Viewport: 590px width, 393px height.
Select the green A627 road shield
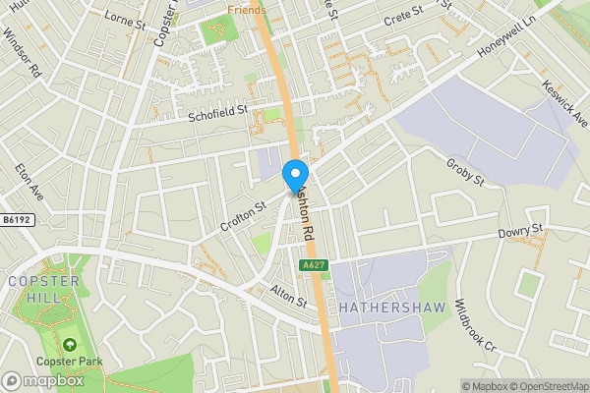pos(313,266)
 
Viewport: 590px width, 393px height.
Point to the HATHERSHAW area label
pos(392,308)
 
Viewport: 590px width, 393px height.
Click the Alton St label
pos(289,296)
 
